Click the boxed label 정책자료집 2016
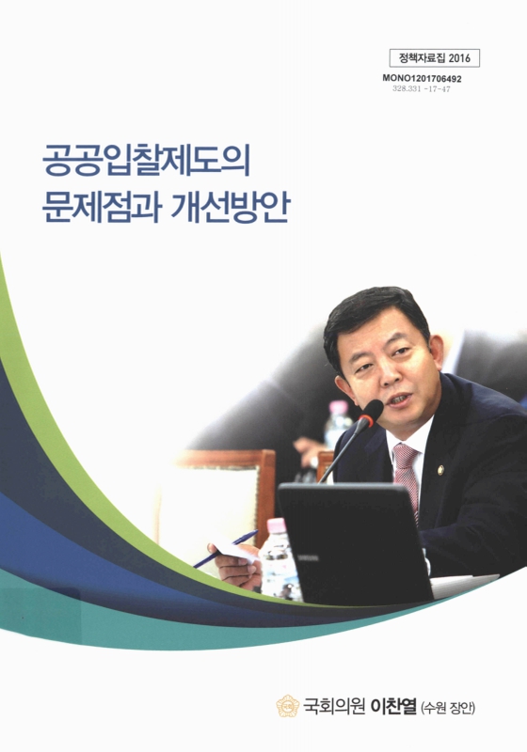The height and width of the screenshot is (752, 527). point(434,57)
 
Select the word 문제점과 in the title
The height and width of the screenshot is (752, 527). point(99,206)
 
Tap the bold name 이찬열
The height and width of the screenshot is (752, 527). point(403,705)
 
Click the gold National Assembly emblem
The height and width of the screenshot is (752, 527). point(287,705)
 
